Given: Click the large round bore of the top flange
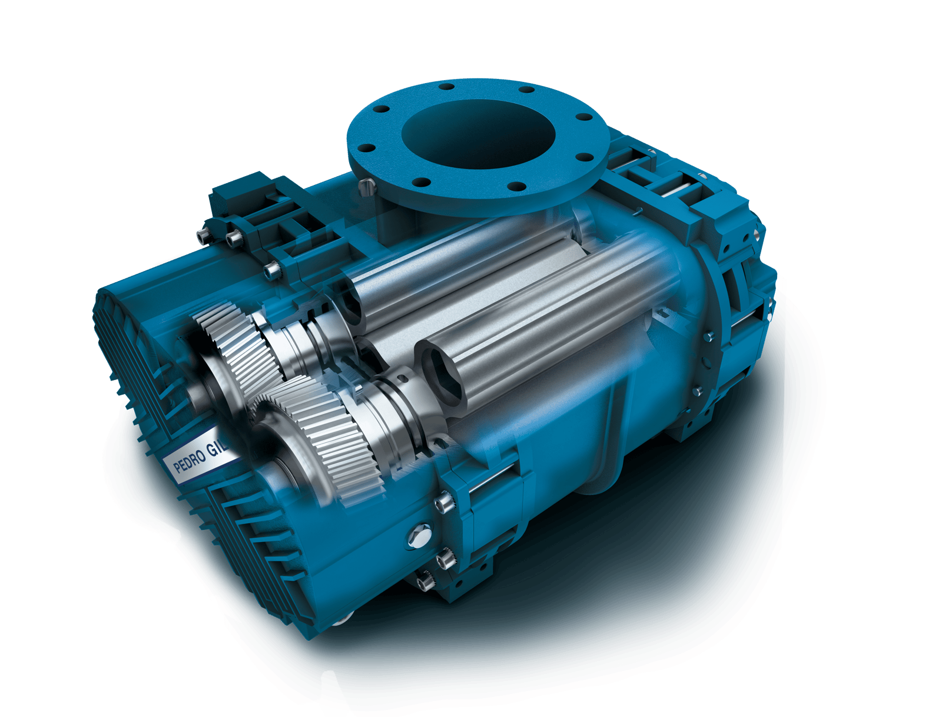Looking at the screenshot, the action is click(478, 134).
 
